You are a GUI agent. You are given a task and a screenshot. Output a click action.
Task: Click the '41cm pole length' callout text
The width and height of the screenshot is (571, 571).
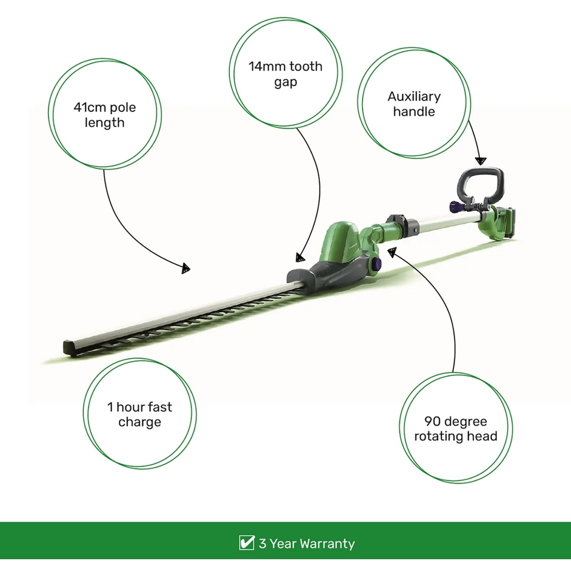coord(105,115)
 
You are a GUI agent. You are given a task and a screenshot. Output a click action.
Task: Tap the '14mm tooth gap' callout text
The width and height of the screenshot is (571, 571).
coord(285,74)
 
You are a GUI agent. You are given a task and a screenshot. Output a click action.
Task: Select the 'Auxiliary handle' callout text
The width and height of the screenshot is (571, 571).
coord(414,104)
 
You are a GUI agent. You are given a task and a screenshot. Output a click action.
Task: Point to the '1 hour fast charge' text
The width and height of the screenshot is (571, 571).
coord(140,414)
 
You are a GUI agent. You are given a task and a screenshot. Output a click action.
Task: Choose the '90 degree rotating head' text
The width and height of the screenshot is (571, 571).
coord(456,429)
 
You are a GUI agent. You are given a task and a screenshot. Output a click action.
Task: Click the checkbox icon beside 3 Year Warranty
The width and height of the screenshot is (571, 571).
coord(246,542)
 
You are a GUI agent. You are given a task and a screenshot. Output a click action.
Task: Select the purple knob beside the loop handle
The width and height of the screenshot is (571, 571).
coord(456,207)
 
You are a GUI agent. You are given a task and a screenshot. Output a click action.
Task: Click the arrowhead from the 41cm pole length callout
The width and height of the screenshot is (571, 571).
coord(185,268)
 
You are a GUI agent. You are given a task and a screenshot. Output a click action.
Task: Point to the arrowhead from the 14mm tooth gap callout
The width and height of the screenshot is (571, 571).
coord(300,258)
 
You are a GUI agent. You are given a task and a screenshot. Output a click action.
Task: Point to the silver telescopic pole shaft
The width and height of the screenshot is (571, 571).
coord(445,223)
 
